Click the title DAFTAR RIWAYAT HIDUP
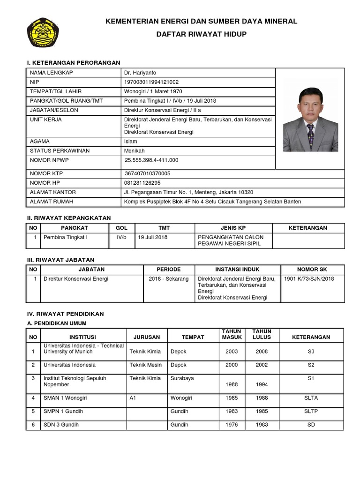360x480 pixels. point(201,35)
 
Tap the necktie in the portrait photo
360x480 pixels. point(310,134)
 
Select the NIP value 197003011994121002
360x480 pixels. point(151,82)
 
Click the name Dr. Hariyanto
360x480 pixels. point(141,73)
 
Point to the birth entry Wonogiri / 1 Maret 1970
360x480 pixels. point(153,91)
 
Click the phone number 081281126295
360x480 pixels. point(142,183)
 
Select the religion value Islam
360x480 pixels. point(131,142)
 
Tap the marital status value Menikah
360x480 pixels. point(135,151)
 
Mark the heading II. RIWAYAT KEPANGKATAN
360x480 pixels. point(68,218)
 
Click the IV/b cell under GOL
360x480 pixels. point(121,237)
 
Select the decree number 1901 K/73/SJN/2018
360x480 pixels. point(309,279)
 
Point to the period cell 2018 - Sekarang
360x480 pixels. point(168,279)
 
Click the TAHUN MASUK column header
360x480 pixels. point(232,334)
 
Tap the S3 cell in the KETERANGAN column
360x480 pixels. point(311,351)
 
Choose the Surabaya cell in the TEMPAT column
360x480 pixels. point(182,378)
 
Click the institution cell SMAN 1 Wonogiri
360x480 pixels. point(65,398)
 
